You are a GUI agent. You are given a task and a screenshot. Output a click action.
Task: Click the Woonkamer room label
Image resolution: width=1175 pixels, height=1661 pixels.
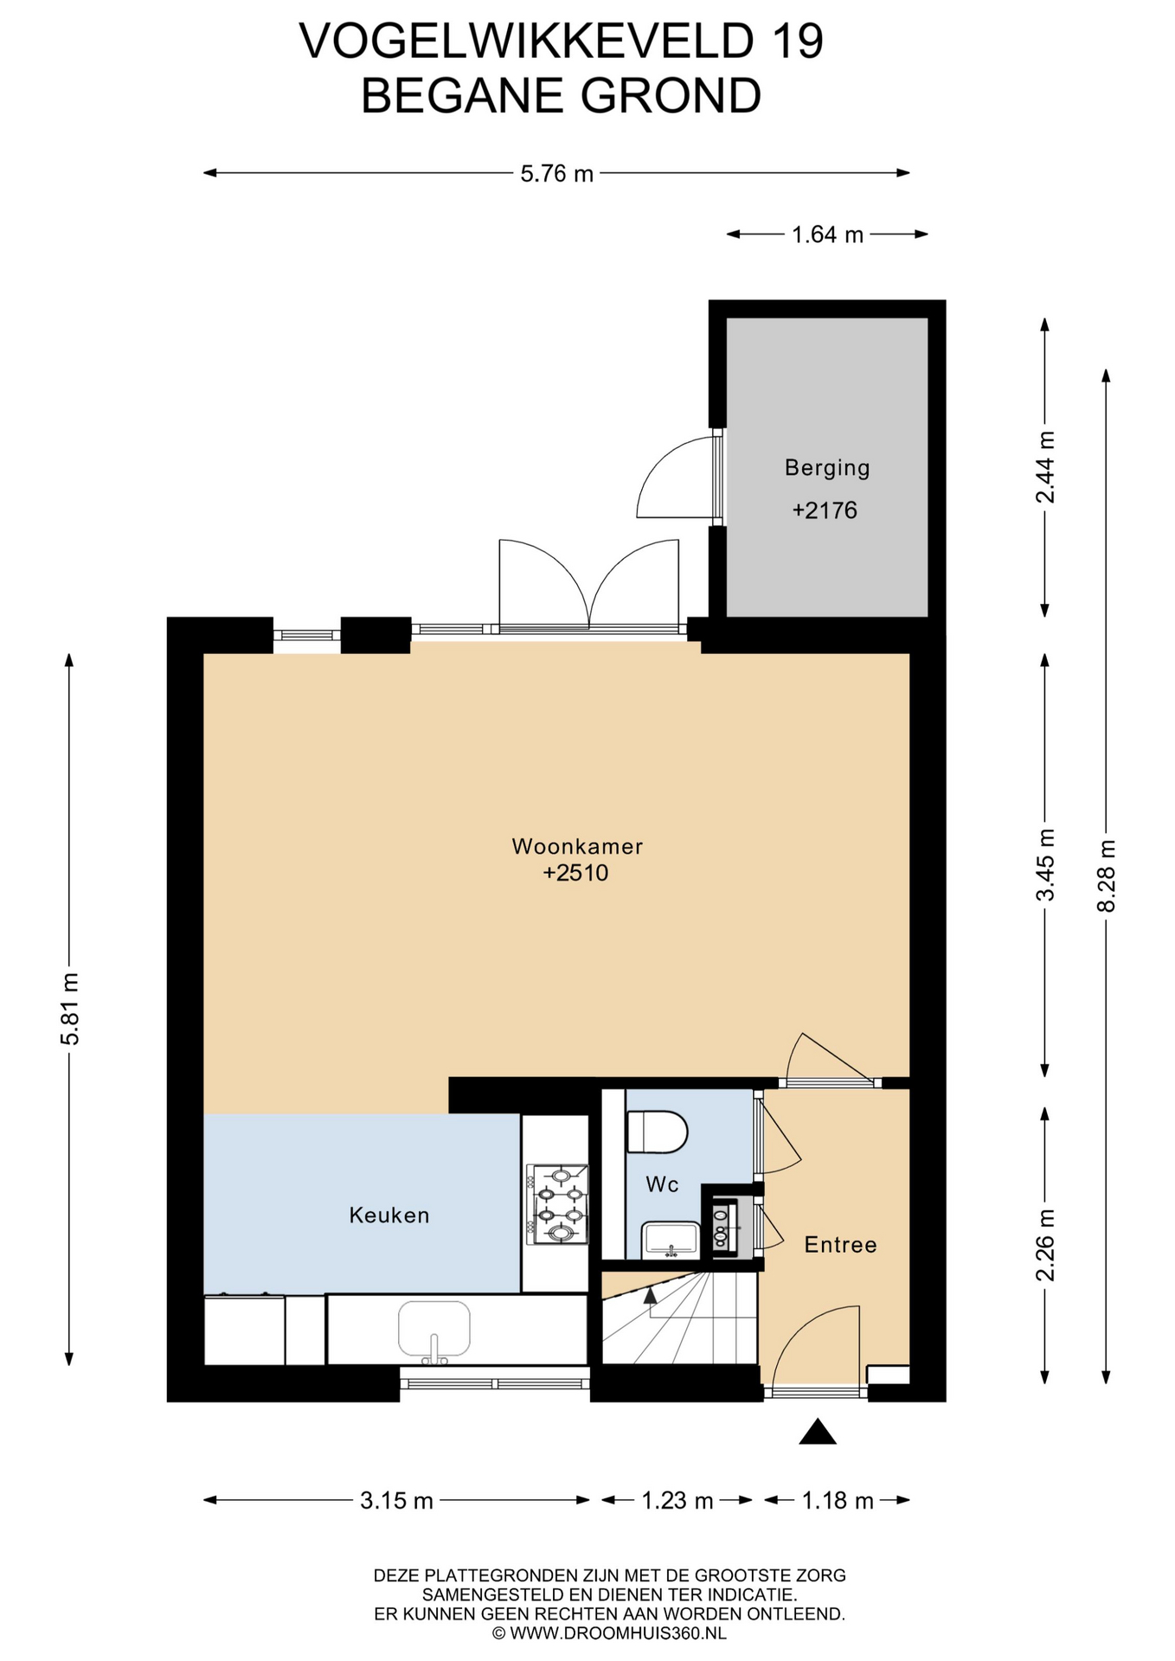(577, 846)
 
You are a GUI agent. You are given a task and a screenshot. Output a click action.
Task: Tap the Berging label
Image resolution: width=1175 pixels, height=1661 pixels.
(827, 468)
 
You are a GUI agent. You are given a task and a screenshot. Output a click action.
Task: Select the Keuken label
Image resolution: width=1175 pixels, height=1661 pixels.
(389, 1215)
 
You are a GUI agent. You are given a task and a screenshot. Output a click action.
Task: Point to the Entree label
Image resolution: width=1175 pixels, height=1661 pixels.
(840, 1245)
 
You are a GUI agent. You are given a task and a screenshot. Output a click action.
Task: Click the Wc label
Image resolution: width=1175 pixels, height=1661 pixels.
(662, 1184)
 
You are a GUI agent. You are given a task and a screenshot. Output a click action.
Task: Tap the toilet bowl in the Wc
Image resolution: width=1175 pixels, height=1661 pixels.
(657, 1132)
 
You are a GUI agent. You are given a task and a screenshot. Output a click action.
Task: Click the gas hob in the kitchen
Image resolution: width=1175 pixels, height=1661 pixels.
(557, 1204)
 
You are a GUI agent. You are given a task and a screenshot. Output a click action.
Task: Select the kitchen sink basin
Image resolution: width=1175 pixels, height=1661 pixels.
(434, 1329)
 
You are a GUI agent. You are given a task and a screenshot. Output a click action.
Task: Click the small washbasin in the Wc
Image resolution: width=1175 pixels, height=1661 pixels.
(671, 1240)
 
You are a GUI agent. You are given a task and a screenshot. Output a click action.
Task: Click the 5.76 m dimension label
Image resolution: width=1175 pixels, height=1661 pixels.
(556, 174)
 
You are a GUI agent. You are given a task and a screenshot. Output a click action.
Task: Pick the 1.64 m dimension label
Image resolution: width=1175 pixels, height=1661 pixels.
(827, 234)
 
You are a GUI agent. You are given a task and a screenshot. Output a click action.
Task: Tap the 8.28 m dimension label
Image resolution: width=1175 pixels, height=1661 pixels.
(1106, 875)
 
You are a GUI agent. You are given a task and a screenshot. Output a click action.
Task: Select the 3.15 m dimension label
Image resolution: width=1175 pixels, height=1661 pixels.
(396, 1500)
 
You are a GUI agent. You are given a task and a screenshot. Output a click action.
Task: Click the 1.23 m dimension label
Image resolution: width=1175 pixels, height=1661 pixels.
(677, 1500)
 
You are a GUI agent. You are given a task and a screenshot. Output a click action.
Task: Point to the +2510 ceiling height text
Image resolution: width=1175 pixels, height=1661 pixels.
(575, 873)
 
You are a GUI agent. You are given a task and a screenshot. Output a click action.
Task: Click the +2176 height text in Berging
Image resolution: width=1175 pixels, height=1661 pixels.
(825, 510)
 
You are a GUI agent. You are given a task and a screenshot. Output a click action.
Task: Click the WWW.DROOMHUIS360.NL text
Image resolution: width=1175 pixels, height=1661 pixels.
(618, 1633)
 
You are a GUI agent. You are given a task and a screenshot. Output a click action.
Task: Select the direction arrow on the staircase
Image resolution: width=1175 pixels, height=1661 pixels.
(650, 1294)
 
